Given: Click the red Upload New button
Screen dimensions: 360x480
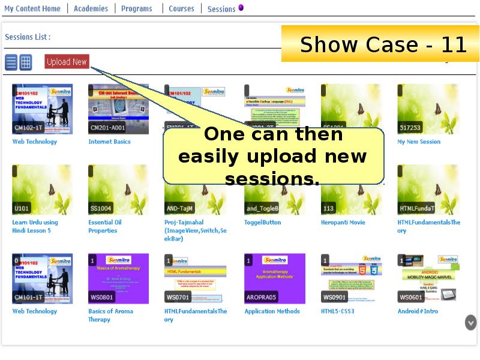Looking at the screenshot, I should pyautogui.click(x=67, y=62).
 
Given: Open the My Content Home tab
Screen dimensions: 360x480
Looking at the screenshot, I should pyautogui.click(x=32, y=8).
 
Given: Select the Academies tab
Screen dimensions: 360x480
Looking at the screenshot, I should pyautogui.click(x=91, y=8).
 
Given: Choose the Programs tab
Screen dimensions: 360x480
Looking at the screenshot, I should pyautogui.click(x=136, y=8).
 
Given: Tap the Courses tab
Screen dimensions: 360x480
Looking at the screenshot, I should pyautogui.click(x=181, y=8).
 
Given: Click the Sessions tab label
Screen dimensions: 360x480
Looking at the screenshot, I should pyautogui.click(x=221, y=9).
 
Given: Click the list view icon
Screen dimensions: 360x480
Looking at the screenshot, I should pyautogui.click(x=11, y=62).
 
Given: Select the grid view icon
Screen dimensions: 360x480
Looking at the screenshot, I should pyautogui.click(x=26, y=62).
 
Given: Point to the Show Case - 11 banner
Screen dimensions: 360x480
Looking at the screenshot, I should pyautogui.click(x=382, y=44).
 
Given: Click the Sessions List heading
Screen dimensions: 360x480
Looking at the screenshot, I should pyautogui.click(x=28, y=37).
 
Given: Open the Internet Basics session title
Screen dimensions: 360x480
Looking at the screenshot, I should pyautogui.click(x=109, y=142).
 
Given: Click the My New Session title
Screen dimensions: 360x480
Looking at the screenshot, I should pyautogui.click(x=419, y=142).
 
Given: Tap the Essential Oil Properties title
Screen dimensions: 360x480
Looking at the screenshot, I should pyautogui.click(x=105, y=226).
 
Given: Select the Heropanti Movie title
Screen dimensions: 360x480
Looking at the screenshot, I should pyautogui.click(x=343, y=223).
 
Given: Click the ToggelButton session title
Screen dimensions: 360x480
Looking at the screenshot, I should pyautogui.click(x=263, y=223).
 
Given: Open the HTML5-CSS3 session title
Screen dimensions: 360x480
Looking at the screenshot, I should pyautogui.click(x=337, y=311).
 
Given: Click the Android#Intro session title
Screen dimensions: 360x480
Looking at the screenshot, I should pyautogui.click(x=418, y=311).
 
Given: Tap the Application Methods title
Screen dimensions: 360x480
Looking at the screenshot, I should pyautogui.click(x=272, y=311).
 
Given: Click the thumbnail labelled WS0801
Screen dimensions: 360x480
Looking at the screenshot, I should pyautogui.click(x=118, y=278).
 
